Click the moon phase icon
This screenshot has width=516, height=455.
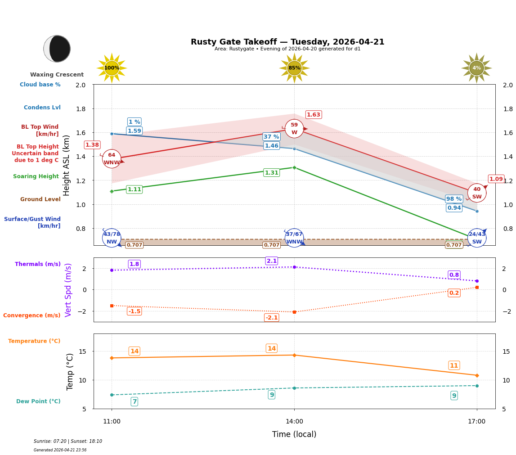[57, 49]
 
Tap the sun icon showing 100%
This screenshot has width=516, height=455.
[112, 68]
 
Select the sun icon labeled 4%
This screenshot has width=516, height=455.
[476, 68]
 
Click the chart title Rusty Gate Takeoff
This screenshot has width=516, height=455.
[287, 42]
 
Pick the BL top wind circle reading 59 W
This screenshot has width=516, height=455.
[294, 129]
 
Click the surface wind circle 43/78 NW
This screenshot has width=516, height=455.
[112, 238]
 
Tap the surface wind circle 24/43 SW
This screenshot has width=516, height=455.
[477, 238]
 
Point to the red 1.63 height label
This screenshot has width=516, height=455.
[314, 115]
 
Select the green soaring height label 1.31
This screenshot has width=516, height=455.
[271, 173]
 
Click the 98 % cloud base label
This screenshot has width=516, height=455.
[454, 199]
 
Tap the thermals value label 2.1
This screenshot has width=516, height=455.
[272, 261]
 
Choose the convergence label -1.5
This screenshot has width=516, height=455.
[134, 311]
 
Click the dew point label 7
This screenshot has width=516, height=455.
[134, 401]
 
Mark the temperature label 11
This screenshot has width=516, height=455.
[454, 365]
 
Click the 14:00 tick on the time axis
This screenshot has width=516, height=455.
[294, 422]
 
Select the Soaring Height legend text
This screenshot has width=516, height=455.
[36, 176]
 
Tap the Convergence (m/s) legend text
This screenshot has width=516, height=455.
[32, 315]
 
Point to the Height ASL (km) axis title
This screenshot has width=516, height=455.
[67, 165]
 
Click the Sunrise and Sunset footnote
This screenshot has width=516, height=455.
[68, 441]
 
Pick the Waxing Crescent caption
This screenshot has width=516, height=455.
[57, 75]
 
